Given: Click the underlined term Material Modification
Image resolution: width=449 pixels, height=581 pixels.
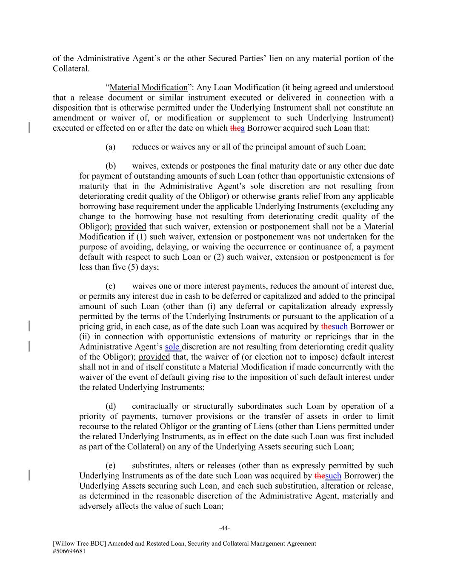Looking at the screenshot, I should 149,88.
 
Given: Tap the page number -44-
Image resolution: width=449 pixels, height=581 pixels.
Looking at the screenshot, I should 224,529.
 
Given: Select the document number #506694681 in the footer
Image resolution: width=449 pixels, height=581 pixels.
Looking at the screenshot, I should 71,551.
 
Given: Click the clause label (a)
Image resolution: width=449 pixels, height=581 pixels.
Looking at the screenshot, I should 110,147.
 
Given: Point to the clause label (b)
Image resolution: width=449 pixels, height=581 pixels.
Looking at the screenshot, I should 111,166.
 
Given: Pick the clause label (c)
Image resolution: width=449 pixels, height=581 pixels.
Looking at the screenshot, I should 110,286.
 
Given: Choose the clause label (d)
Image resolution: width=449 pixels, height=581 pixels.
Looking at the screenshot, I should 111,406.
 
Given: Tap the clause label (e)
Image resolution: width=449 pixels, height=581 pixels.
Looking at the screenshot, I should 110,466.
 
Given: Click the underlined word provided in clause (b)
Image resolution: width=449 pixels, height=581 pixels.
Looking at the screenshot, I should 130,227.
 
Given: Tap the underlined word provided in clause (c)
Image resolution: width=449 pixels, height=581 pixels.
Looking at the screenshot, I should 154,357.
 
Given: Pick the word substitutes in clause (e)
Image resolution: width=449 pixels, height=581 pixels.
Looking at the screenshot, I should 150,466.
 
